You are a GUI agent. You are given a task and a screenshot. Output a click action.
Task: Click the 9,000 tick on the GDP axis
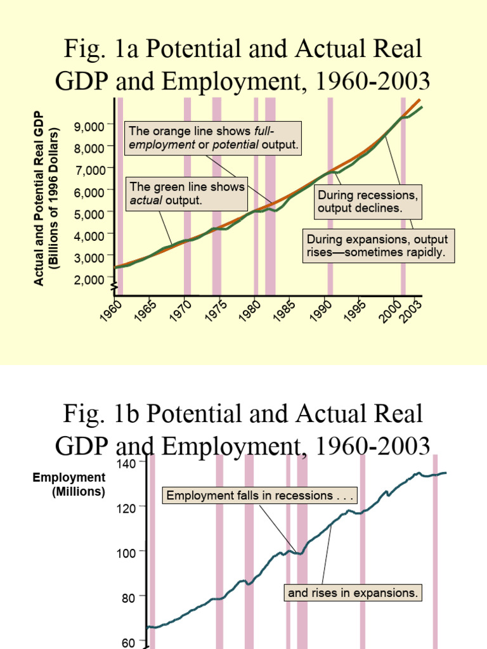click(89, 127)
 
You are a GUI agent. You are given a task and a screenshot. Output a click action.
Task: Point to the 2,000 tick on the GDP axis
click(89, 280)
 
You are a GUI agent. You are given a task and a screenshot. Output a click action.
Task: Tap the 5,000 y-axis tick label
click(89, 214)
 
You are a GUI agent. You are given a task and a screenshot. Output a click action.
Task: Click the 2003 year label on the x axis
click(413, 312)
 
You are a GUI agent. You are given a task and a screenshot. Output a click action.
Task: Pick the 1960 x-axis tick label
click(112, 312)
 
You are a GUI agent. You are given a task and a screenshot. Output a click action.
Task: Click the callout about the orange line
click(213, 138)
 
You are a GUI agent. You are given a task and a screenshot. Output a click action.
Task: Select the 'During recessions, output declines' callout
click(368, 201)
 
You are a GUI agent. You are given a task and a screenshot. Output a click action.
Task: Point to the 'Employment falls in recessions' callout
click(261, 495)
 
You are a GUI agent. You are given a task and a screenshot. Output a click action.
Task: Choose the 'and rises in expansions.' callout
click(353, 593)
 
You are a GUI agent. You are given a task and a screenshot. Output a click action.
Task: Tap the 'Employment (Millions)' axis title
click(70, 484)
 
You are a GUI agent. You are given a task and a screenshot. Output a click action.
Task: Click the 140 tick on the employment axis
click(127, 463)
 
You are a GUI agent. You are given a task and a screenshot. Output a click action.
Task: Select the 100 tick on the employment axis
click(127, 552)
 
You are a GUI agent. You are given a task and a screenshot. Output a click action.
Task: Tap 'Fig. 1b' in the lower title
click(95, 414)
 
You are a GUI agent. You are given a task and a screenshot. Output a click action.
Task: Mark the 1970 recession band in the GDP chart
click(187, 196)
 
